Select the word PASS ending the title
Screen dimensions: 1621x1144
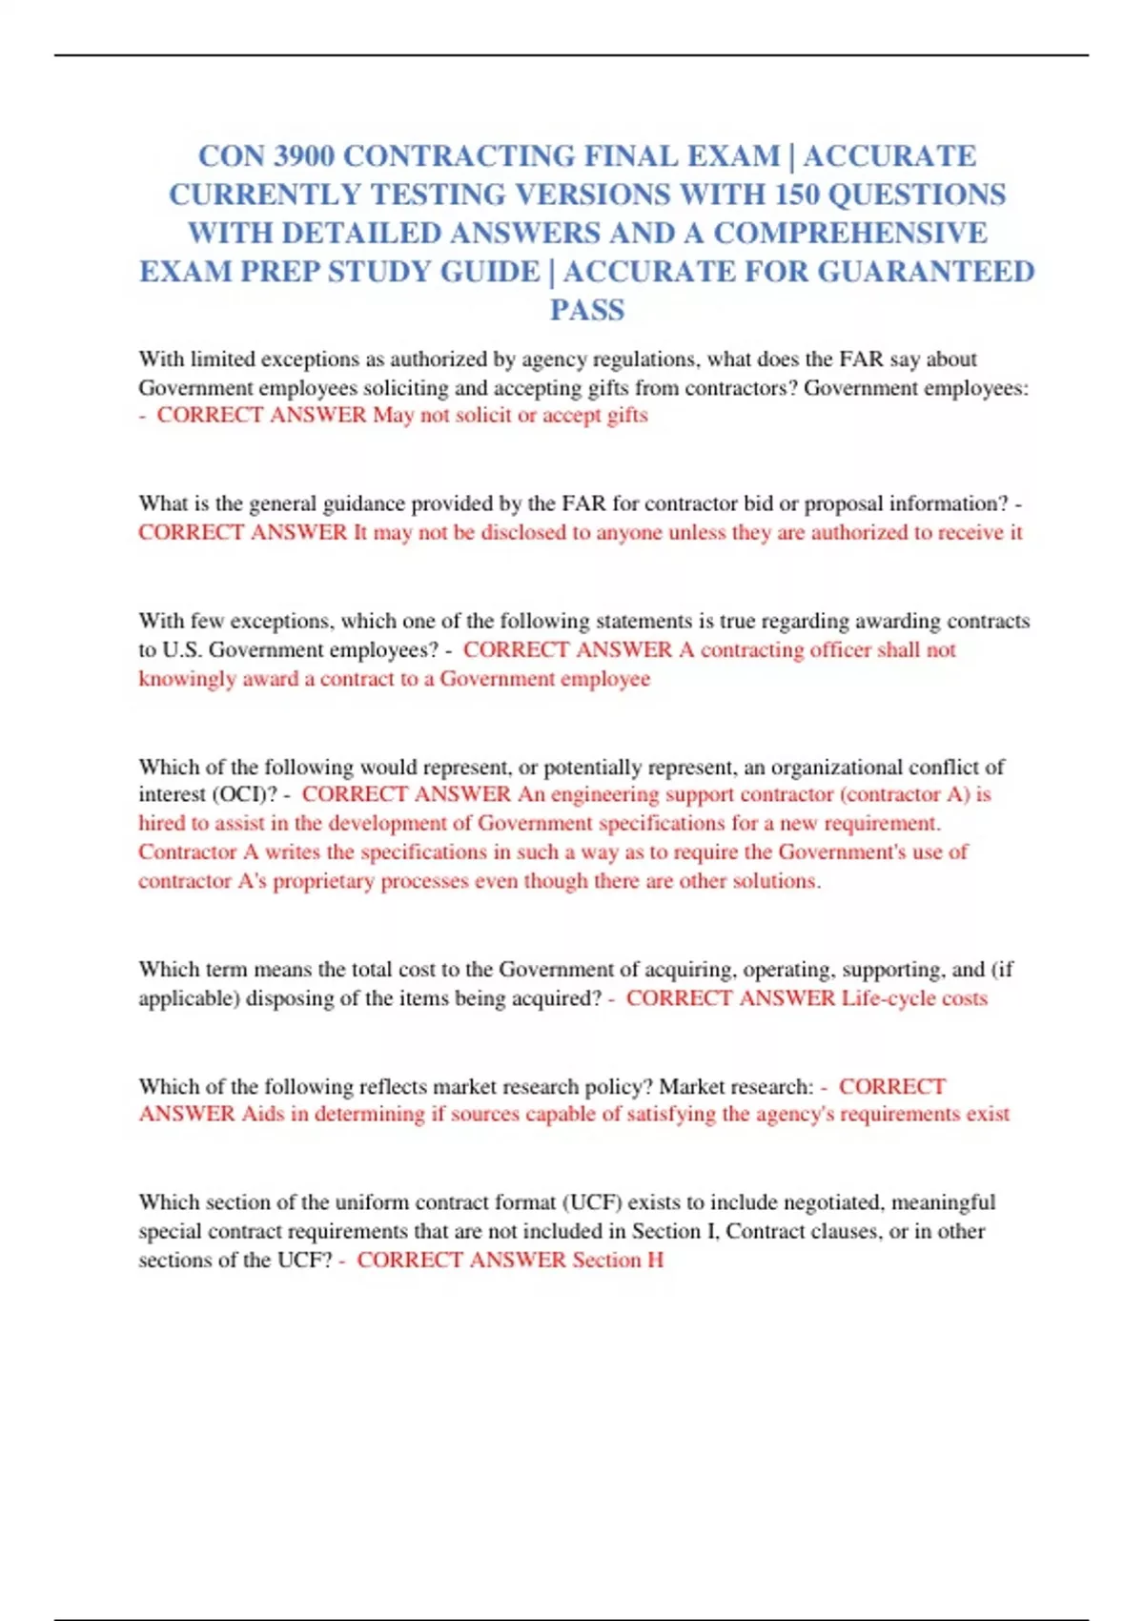587,311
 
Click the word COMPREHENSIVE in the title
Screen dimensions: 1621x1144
850,234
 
